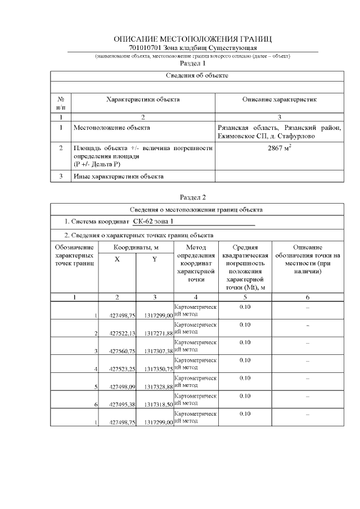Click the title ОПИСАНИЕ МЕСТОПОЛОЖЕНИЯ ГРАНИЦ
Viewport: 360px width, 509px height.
pyautogui.click(x=193, y=39)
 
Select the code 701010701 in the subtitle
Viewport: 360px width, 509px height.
pyautogui.click(x=143, y=48)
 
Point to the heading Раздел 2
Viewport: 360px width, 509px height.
pyautogui.click(x=193, y=197)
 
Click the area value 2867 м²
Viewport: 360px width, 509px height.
pyautogui.click(x=279, y=149)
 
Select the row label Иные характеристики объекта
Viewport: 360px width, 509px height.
pyautogui.click(x=119, y=177)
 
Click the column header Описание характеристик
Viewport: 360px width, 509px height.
pyautogui.click(x=279, y=100)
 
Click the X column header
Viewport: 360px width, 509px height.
pyautogui.click(x=117, y=259)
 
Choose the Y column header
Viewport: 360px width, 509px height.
pyautogui.click(x=154, y=259)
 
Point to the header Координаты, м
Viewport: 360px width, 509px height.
pyautogui.click(x=136, y=247)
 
